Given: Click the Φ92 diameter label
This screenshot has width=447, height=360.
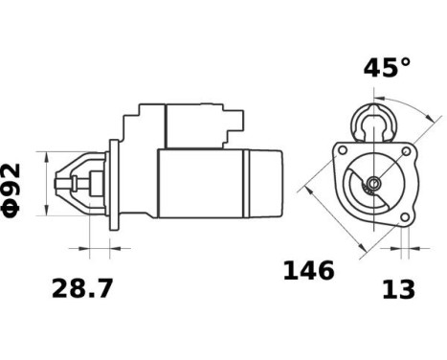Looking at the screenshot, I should click(x=12, y=184).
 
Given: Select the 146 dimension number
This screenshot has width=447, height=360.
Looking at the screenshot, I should click(x=308, y=271).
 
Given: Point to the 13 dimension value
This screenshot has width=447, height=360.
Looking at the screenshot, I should click(x=398, y=289).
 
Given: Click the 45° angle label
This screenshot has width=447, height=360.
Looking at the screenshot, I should click(x=387, y=68).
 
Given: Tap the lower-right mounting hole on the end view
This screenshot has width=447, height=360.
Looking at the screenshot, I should click(x=405, y=217).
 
